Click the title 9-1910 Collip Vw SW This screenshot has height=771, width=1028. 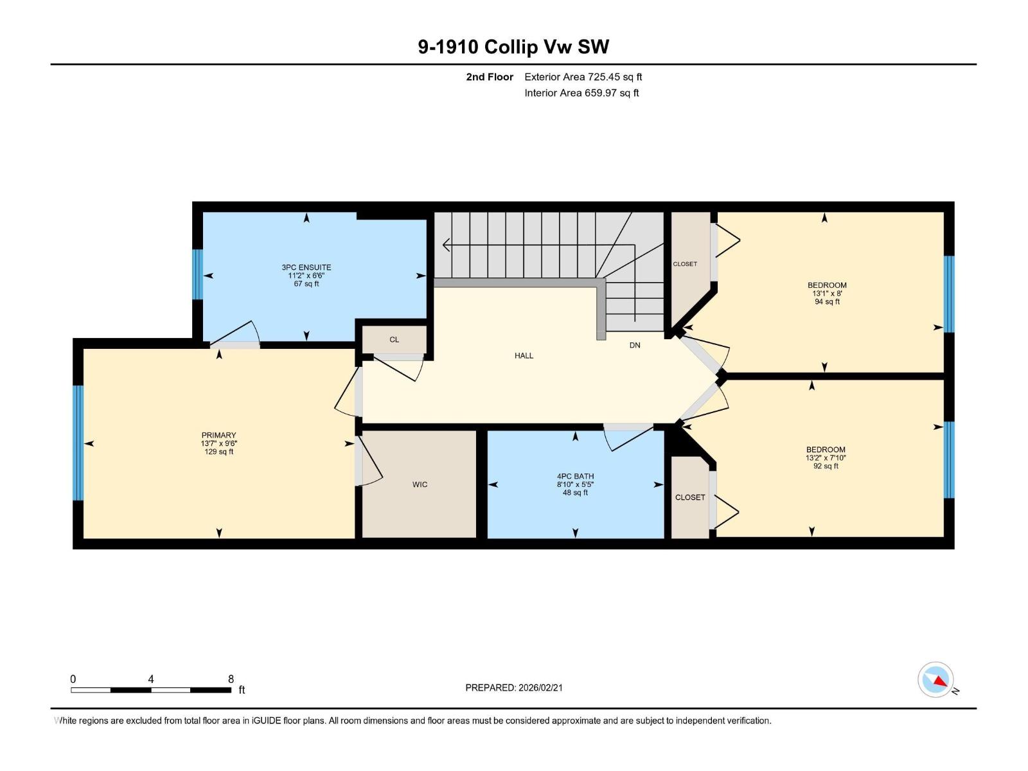pyautogui.click(x=513, y=47)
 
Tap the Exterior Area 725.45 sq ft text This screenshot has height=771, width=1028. pyautogui.click(x=583, y=77)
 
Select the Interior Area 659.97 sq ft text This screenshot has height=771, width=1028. pyautogui.click(x=581, y=93)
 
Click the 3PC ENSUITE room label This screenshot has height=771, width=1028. pyautogui.click(x=306, y=267)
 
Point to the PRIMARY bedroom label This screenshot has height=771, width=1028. pyautogui.click(x=218, y=435)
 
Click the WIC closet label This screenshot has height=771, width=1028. pyautogui.click(x=420, y=484)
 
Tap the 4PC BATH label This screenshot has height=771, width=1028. pyautogui.click(x=575, y=477)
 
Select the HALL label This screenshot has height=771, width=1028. pyautogui.click(x=524, y=355)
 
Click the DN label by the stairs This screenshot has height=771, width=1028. pyautogui.click(x=635, y=346)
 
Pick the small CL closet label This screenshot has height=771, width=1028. pyautogui.click(x=394, y=340)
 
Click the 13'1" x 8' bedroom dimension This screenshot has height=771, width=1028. pyautogui.click(x=827, y=294)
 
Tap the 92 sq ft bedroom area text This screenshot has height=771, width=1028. pyautogui.click(x=826, y=466)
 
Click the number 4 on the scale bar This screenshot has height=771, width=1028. pyautogui.click(x=150, y=679)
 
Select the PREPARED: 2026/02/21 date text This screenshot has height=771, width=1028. pyautogui.click(x=514, y=687)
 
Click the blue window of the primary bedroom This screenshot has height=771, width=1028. pyautogui.click(x=78, y=443)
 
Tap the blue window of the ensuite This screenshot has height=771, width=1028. pyautogui.click(x=198, y=275)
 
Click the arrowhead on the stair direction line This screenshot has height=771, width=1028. pyautogui.click(x=446, y=245)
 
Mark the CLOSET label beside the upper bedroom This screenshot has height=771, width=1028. pyautogui.click(x=685, y=264)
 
